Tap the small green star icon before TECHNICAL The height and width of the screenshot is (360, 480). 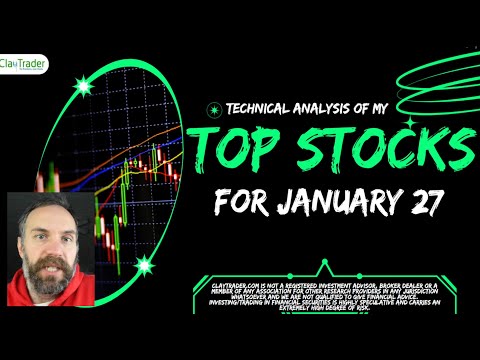pyautogui.click(x=210, y=110)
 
